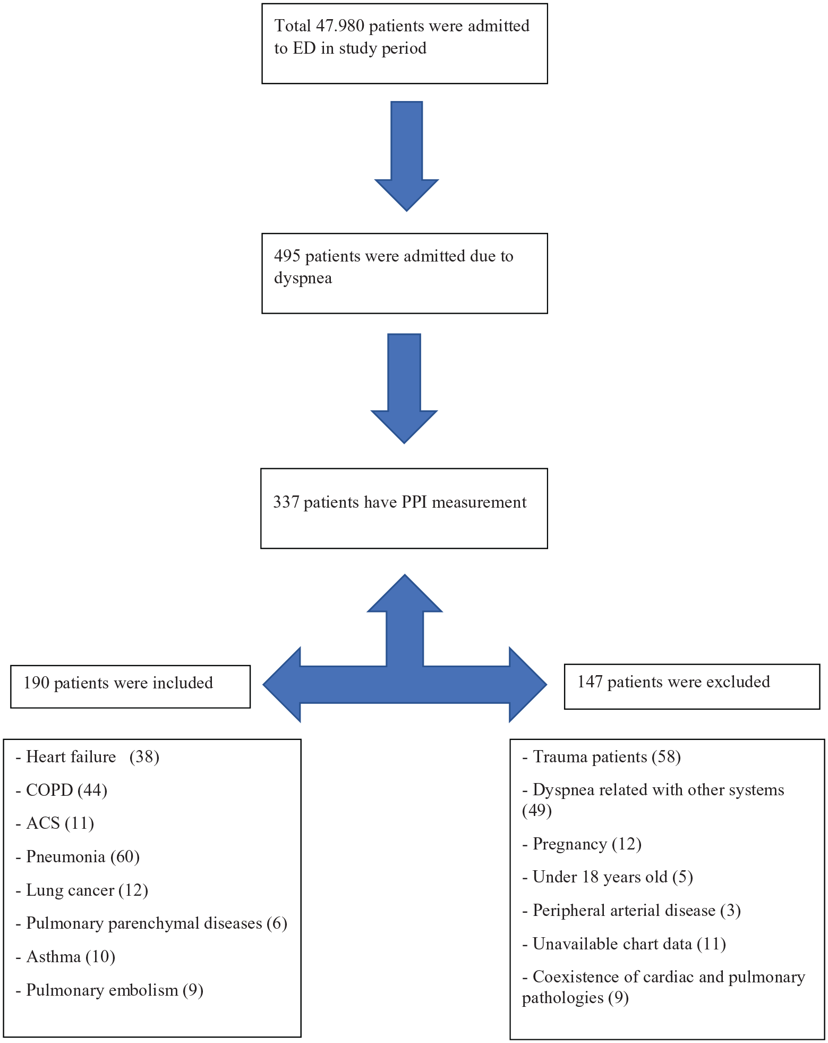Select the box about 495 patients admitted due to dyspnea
pyautogui.click(x=405, y=273)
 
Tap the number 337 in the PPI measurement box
pyautogui.click(x=286, y=502)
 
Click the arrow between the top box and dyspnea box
pyautogui.click(x=406, y=156)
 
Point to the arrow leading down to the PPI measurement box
pyautogui.click(x=404, y=389)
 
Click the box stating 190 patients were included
pyautogui.click(x=130, y=686)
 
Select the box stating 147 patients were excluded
pyautogui.click(x=692, y=686)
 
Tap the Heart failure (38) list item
pyautogui.click(x=88, y=757)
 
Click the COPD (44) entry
pyautogui.click(x=62, y=790)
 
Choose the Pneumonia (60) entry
pyautogui.click(x=78, y=857)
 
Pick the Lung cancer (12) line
pyautogui.click(x=82, y=890)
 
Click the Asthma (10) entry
pyautogui.click(x=66, y=957)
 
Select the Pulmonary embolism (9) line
pyautogui.click(x=110, y=990)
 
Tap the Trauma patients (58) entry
pyautogui.click(x=602, y=757)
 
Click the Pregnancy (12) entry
pyautogui.click(x=582, y=844)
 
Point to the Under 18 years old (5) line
pyautogui.click(x=608, y=877)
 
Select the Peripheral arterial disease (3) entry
pyautogui.click(x=632, y=911)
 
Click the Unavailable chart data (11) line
pyautogui.click(x=625, y=944)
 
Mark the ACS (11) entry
pyautogui.click(x=55, y=823)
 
